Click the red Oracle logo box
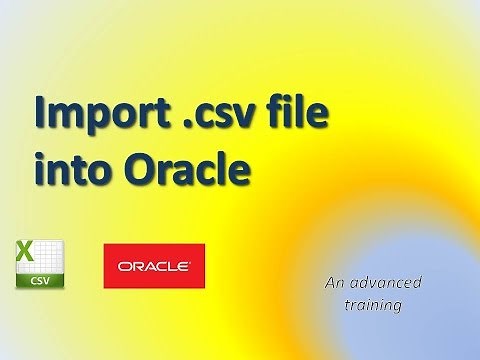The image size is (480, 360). pos(154,266)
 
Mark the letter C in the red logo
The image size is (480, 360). pos(161,267)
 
